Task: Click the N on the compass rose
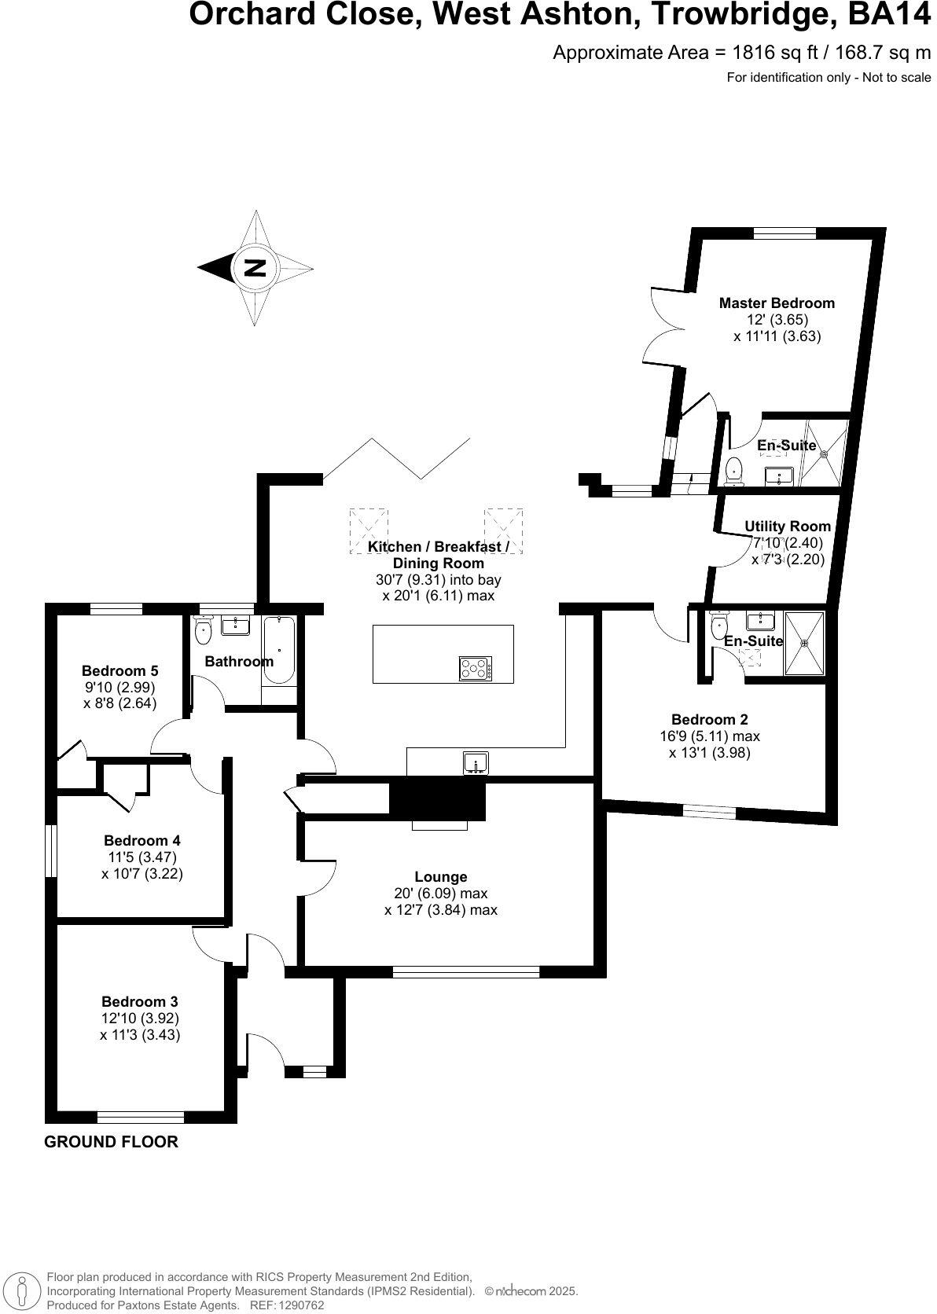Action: pos(254,267)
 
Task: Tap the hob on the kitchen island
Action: pos(476,668)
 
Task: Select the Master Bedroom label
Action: pos(777,303)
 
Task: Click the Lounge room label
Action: pos(441,876)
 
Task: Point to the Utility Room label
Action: pos(787,527)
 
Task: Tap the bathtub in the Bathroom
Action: pos(279,650)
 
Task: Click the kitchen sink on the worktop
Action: pos(476,762)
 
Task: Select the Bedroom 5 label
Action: pos(119,670)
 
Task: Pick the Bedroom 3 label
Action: pos(139,1001)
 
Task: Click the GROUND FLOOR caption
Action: pos(111,1141)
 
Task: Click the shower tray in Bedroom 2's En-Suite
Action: pos(804,643)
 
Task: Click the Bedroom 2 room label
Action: pos(709,719)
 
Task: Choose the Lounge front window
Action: pos(466,971)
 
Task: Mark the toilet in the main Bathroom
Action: pos(204,629)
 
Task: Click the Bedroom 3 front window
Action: pos(141,1117)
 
